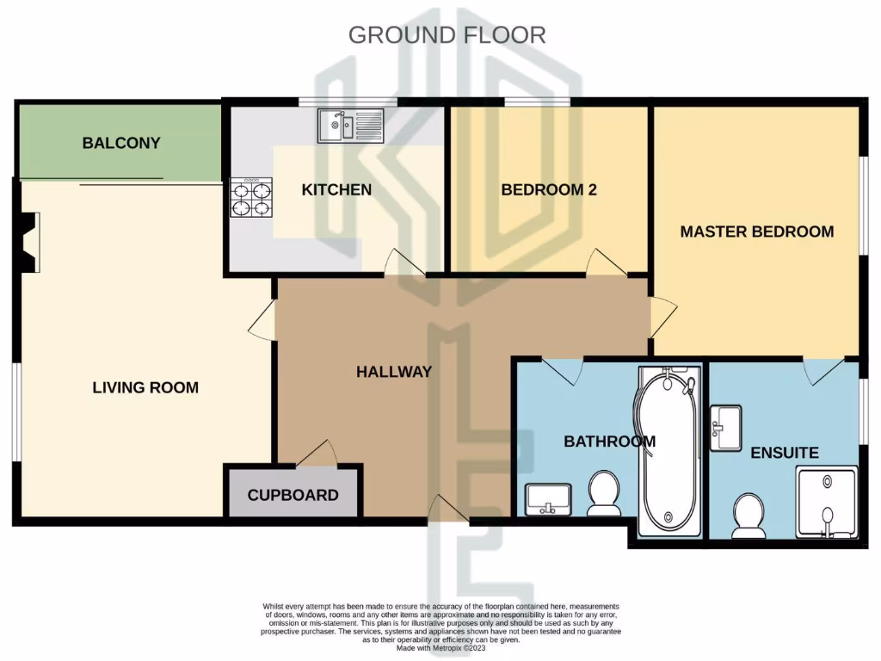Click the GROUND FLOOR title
[447, 34]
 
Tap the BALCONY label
[121, 143]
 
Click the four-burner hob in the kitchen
[251, 197]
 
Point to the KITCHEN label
[336, 189]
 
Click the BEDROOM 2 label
[549, 189]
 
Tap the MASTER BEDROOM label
[756, 232]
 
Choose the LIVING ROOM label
[145, 387]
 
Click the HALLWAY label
[394, 372]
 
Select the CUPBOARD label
[293, 496]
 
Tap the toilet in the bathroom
[604, 493]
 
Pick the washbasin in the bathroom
[548, 497]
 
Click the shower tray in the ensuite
[827, 502]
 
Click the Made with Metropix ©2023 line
[440, 648]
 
